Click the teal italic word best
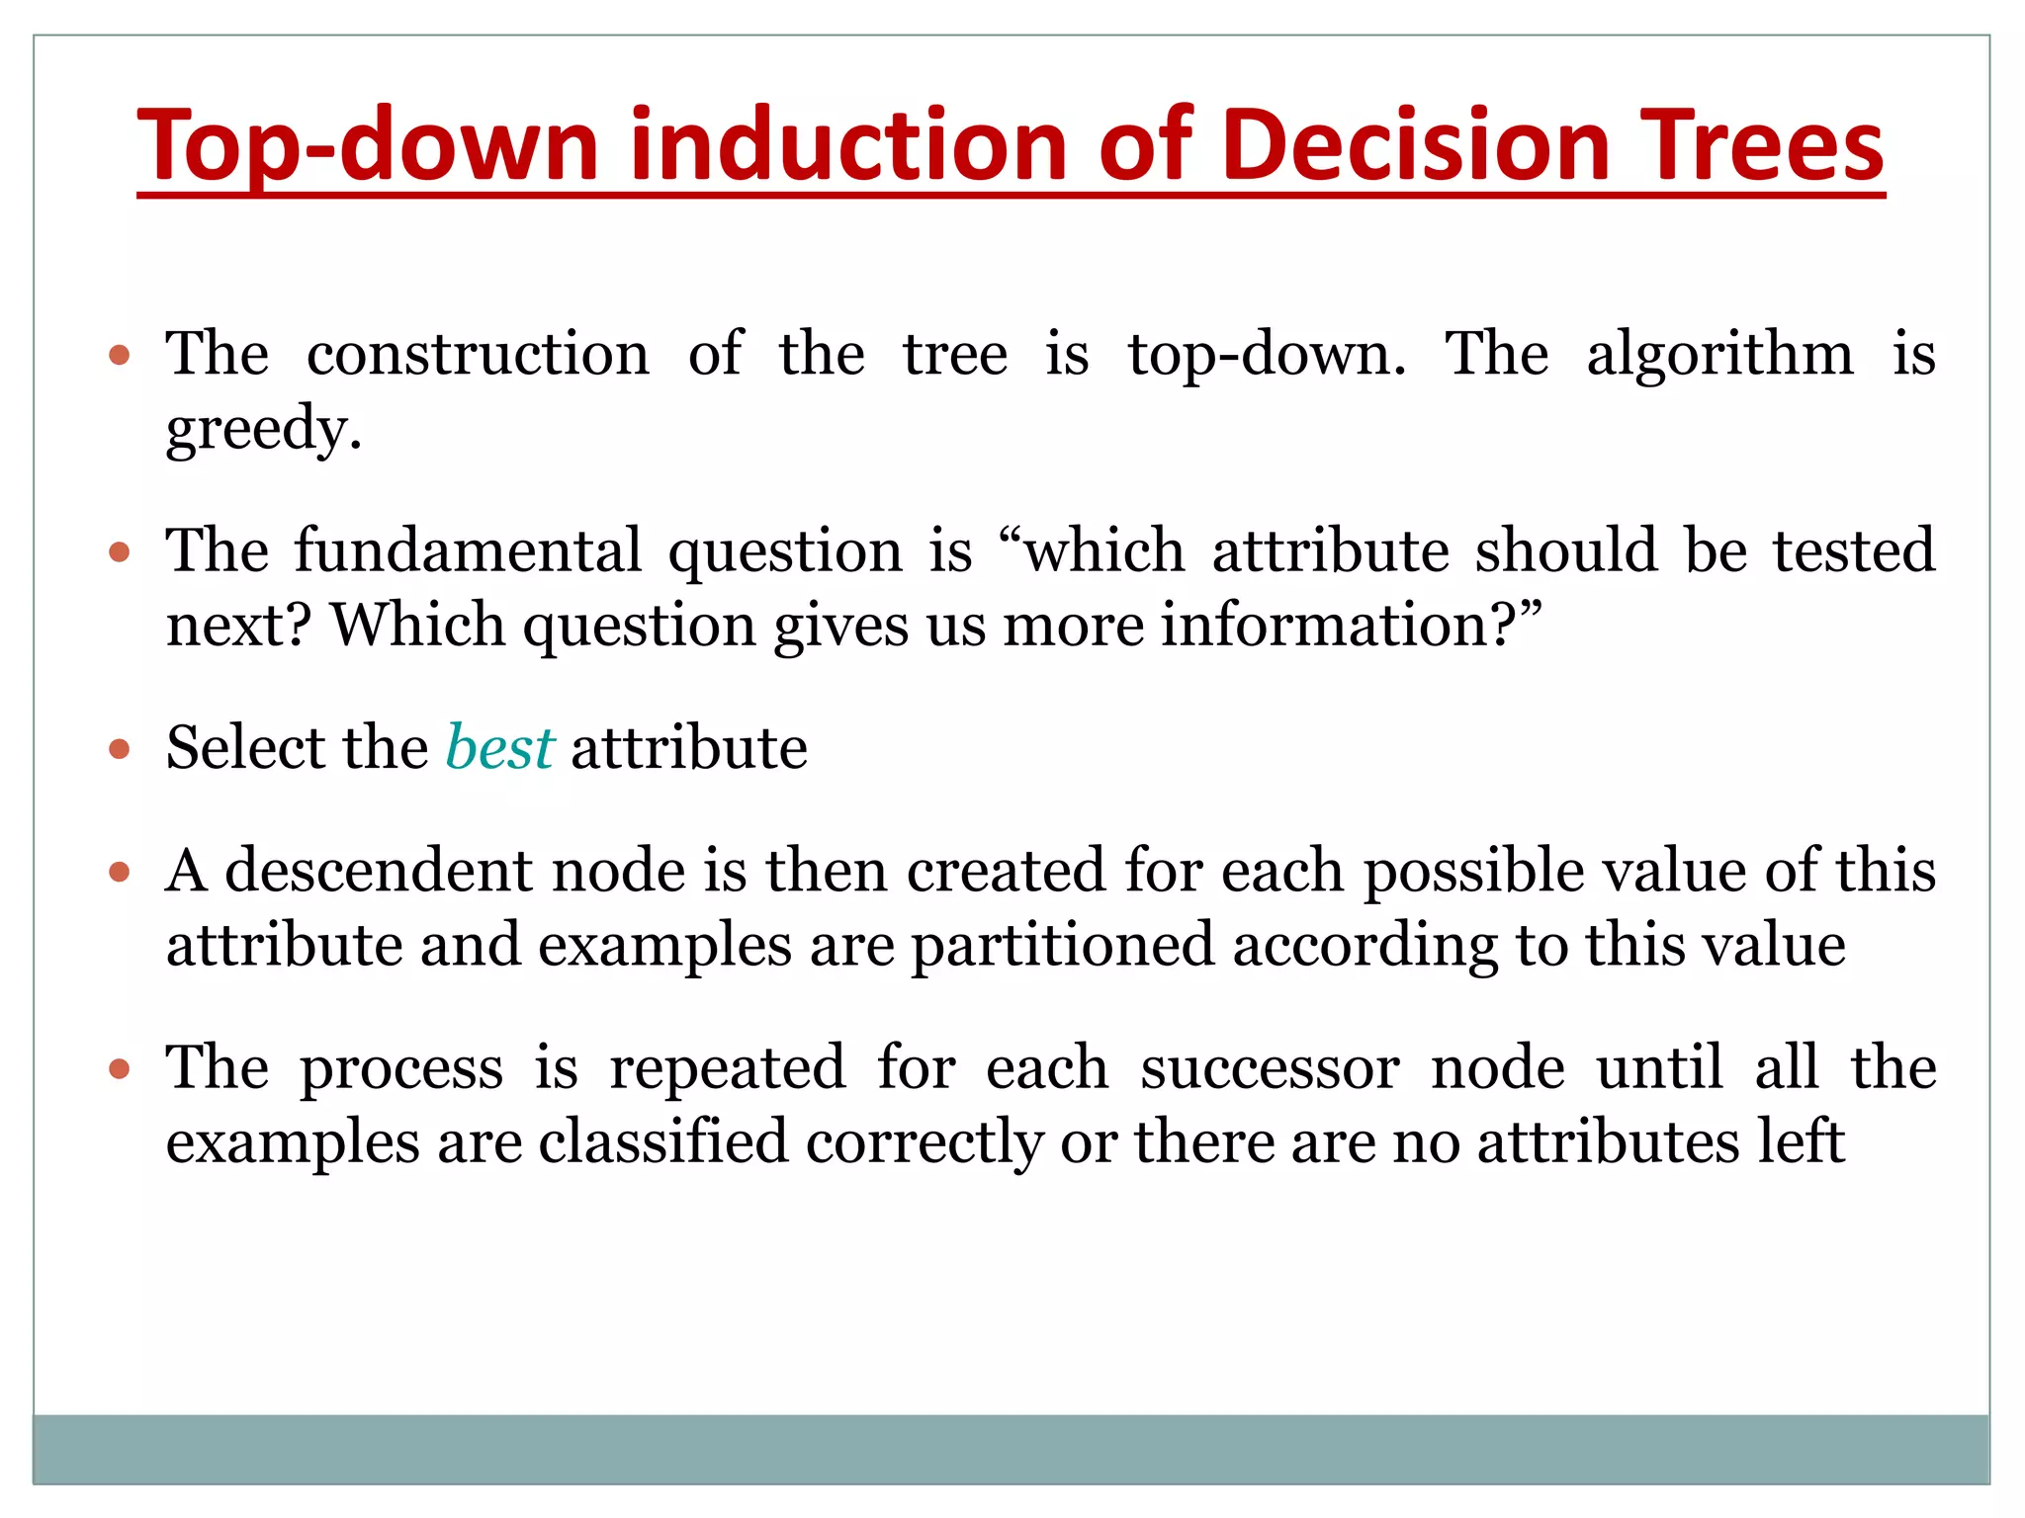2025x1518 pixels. [x=499, y=747]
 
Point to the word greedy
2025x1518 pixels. [x=263, y=429]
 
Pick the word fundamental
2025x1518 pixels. [x=469, y=550]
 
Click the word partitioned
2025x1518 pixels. [x=1062, y=945]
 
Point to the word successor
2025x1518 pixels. [x=1270, y=1067]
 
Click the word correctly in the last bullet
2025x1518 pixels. [x=924, y=1143]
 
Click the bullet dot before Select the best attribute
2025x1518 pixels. [x=120, y=749]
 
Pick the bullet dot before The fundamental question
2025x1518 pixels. [x=120, y=552]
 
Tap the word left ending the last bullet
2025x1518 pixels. [x=1802, y=1141]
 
